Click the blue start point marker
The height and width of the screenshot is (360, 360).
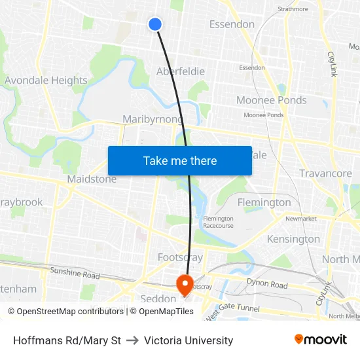[x=155, y=24]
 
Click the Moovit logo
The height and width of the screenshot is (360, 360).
[x=321, y=340]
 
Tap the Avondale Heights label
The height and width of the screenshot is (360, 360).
[x=46, y=81]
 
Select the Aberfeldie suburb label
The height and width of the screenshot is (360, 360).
[x=181, y=71]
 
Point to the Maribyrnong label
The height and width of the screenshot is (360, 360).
[x=153, y=119]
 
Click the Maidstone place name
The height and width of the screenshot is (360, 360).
[x=92, y=179]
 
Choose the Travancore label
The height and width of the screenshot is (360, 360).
[x=325, y=173]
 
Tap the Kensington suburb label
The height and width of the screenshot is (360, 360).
[x=293, y=239]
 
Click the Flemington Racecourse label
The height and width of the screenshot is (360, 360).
[x=218, y=222]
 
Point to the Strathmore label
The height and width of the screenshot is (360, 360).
[x=293, y=9]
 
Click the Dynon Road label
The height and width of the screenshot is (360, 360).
[x=266, y=285]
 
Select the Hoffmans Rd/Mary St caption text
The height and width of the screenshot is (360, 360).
[x=67, y=340]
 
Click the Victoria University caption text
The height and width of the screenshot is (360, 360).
[x=189, y=340]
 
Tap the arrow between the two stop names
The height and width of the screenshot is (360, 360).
[x=132, y=340]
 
